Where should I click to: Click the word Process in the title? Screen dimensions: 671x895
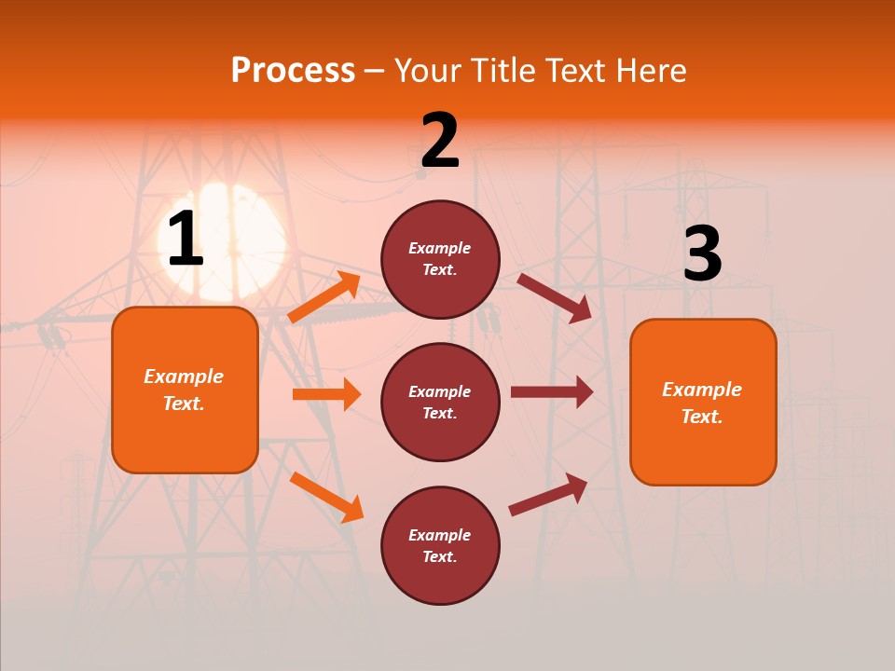pyautogui.click(x=293, y=71)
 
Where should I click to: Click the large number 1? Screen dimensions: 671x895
pyautogui.click(x=186, y=239)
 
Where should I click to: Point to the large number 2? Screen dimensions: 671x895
pyautogui.click(x=440, y=142)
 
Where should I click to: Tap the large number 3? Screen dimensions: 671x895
pyautogui.click(x=702, y=253)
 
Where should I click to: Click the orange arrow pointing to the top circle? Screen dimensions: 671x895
pyautogui.click(x=324, y=297)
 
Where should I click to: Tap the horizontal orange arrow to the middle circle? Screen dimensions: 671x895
pyautogui.click(x=326, y=394)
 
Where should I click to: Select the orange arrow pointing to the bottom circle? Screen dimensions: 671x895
pyautogui.click(x=326, y=497)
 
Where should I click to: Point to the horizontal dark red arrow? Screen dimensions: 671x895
pyautogui.click(x=552, y=392)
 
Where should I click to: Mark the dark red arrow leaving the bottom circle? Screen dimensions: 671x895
pyautogui.click(x=548, y=495)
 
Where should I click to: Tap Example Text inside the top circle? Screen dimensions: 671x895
pyautogui.click(x=440, y=259)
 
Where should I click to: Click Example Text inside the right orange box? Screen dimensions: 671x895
pyautogui.click(x=702, y=403)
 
